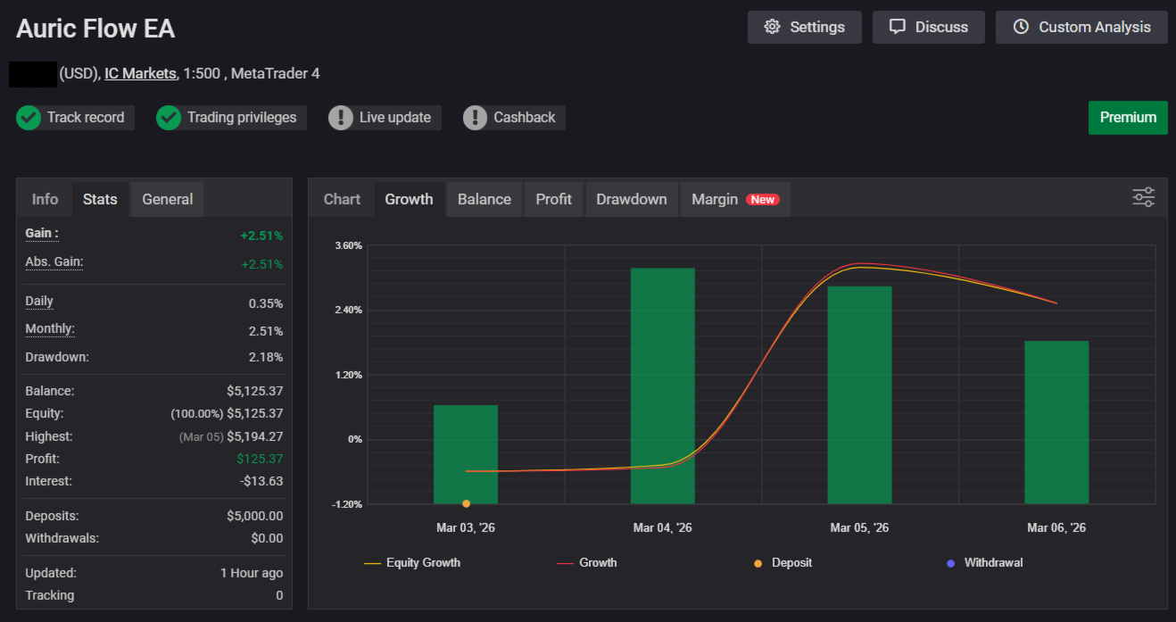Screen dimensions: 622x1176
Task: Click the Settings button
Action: click(804, 27)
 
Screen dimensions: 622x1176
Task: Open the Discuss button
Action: click(928, 27)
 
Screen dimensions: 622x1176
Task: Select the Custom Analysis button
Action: click(1081, 27)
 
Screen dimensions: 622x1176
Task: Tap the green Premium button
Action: click(1128, 118)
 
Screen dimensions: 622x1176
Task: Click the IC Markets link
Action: click(140, 73)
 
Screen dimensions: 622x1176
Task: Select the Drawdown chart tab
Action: click(632, 199)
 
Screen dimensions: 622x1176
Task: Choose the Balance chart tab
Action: click(484, 199)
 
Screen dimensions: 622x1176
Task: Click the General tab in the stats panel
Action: click(167, 199)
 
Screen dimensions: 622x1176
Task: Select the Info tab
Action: click(45, 199)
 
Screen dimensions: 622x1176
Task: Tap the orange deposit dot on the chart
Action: click(466, 503)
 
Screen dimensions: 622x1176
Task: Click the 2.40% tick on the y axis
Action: click(349, 310)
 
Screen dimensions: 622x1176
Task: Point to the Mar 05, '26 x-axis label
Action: click(859, 527)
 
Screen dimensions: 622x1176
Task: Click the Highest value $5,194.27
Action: click(254, 436)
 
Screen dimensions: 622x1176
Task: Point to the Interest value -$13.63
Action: click(263, 481)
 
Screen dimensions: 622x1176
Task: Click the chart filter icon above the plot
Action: click(1143, 197)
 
